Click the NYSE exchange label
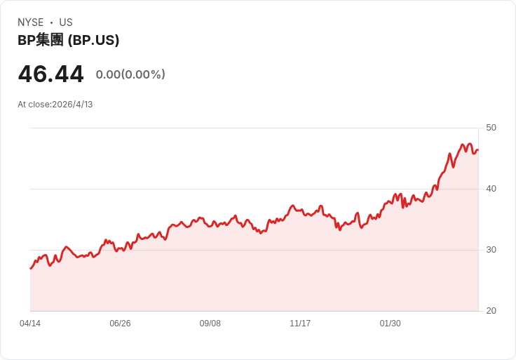pyautogui.click(x=31, y=22)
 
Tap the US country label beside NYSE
pyautogui.click(x=66, y=22)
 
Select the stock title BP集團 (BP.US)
pyautogui.click(x=69, y=41)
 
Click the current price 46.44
pyautogui.click(x=50, y=74)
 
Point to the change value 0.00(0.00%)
pyautogui.click(x=130, y=74)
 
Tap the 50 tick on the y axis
pyautogui.click(x=491, y=128)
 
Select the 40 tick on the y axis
pyautogui.click(x=491, y=189)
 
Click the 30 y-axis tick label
pyautogui.click(x=491, y=250)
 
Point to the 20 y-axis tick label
pyautogui.click(x=491, y=311)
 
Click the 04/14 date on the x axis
pyautogui.click(x=30, y=324)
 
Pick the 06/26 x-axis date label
pyautogui.click(x=120, y=324)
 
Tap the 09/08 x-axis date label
pyautogui.click(x=210, y=324)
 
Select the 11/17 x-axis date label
pyautogui.click(x=300, y=324)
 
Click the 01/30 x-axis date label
pyautogui.click(x=390, y=324)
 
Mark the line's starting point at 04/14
pyautogui.click(x=31, y=268)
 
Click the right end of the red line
pyautogui.click(x=477, y=149)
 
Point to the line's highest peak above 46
pyautogui.click(x=463, y=145)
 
